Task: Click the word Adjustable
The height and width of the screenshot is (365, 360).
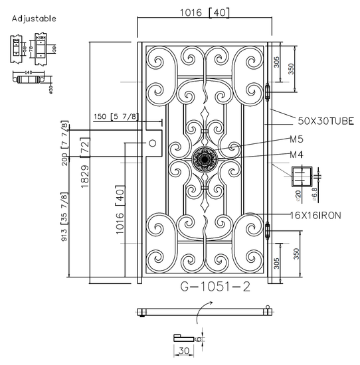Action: coord(34,19)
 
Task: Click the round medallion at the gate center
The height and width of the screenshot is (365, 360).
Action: coord(204,160)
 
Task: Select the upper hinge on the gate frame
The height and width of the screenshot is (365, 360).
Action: coord(268,94)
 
